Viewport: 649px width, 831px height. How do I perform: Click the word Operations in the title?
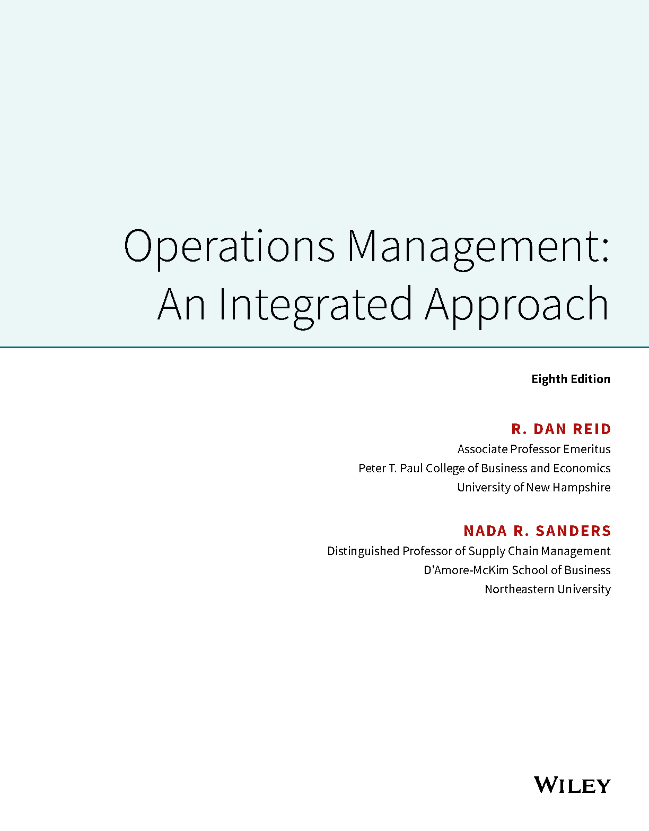tap(229, 248)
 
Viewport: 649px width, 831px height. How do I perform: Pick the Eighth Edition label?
tap(571, 379)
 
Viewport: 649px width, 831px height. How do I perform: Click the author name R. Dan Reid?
tap(561, 429)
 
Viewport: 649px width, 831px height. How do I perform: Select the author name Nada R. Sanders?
tap(537, 531)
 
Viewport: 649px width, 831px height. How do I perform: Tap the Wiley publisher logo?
tap(572, 785)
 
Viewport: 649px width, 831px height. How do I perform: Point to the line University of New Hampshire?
tap(533, 488)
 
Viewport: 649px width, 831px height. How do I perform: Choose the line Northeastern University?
tap(547, 589)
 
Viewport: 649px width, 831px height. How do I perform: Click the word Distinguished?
tap(363, 551)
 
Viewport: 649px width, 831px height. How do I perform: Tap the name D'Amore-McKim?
tap(466, 570)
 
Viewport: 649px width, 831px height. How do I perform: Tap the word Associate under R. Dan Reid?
tap(482, 449)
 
